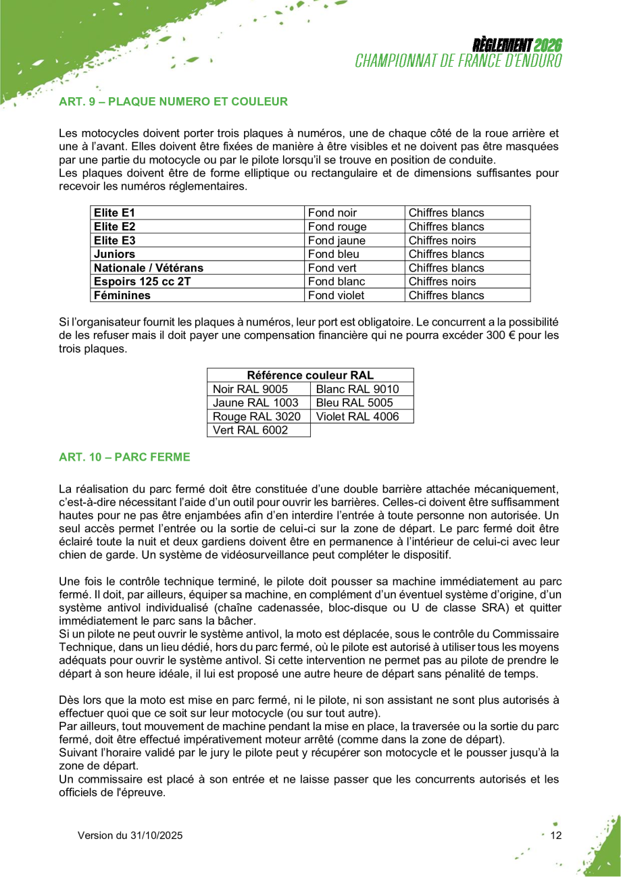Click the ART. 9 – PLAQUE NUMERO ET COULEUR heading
click(x=174, y=102)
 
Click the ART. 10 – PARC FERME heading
click(x=125, y=457)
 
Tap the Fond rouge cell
click(x=337, y=227)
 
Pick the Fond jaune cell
click(x=337, y=240)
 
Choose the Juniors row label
click(x=115, y=254)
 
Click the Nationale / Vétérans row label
click(x=149, y=267)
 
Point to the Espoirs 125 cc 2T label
click(x=143, y=282)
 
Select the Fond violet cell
click(x=336, y=295)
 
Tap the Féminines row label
click(x=122, y=295)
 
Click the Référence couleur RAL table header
click(x=310, y=376)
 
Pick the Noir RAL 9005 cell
click(x=250, y=389)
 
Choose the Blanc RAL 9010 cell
click(x=357, y=389)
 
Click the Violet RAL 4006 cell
click(x=357, y=417)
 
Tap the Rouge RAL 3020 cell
click(x=256, y=417)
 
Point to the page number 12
click(x=556, y=835)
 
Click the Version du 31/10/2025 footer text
click(x=130, y=835)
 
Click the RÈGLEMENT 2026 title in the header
click(x=518, y=46)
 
